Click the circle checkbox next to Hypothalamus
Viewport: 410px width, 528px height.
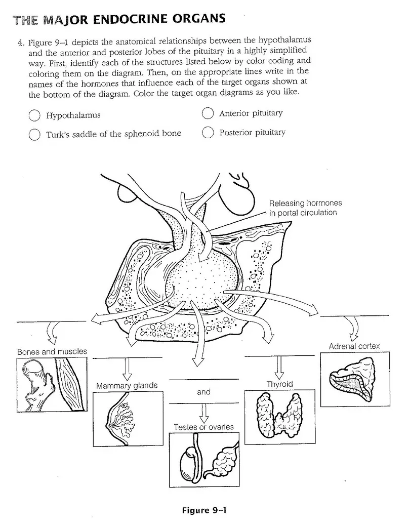click(34, 115)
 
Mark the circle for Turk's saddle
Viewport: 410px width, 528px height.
click(34, 135)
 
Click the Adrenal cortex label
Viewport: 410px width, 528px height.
click(354, 346)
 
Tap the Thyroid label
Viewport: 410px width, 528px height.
click(279, 384)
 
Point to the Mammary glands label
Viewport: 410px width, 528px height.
click(127, 385)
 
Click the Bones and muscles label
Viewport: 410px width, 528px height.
click(52, 351)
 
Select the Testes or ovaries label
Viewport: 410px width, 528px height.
click(203, 427)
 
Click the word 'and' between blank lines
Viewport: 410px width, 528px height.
click(203, 392)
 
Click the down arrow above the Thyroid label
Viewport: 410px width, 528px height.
click(277, 368)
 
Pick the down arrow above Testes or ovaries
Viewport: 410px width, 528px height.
click(203, 413)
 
